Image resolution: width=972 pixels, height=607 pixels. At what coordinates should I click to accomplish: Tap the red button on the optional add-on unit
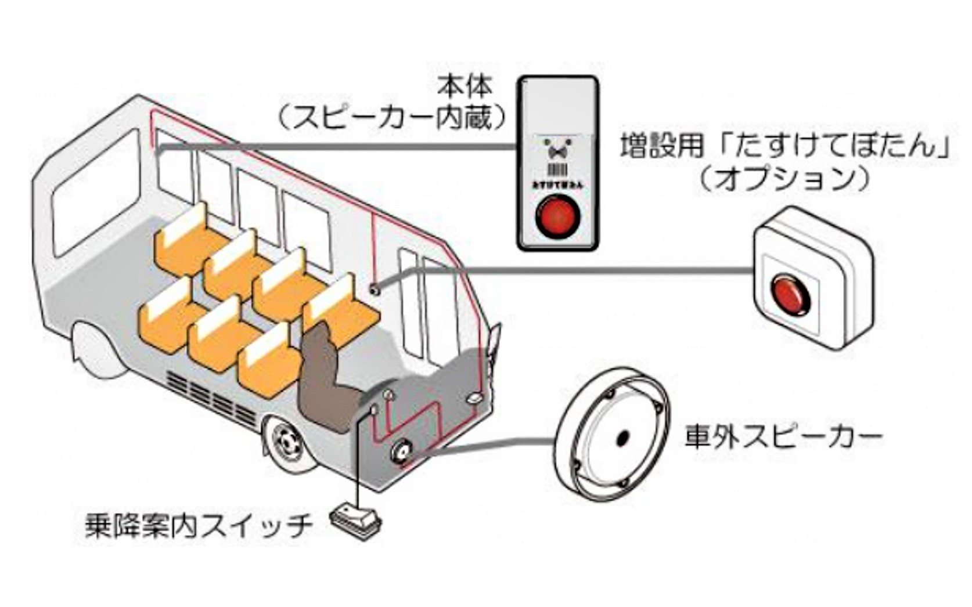(790, 295)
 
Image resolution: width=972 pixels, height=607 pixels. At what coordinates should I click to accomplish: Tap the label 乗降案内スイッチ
(199, 526)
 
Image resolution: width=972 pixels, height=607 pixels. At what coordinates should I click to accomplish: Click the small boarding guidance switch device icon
(356, 519)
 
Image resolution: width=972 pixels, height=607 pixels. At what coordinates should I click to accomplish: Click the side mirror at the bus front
(495, 342)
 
